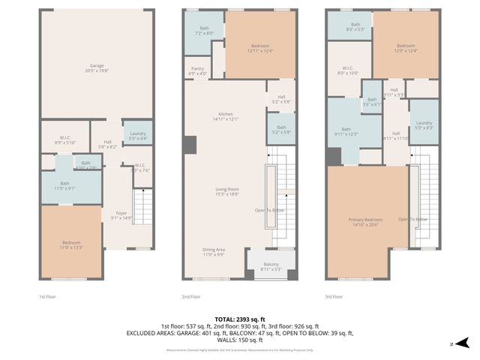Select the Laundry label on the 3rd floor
[424, 124]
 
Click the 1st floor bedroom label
[72, 244]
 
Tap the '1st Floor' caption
[48, 297]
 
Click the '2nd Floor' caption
[192, 297]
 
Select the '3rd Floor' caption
[334, 297]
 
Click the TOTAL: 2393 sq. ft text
[239, 319]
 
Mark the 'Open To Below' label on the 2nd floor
[268, 210]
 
